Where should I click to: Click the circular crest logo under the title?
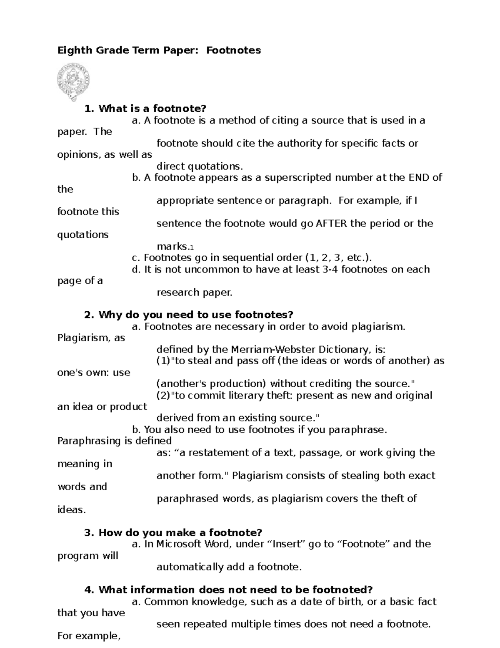click(x=73, y=82)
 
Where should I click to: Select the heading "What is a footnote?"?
click(x=152, y=109)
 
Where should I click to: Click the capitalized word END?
click(x=418, y=178)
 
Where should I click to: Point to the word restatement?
click(x=221, y=453)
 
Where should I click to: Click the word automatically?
click(x=190, y=567)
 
